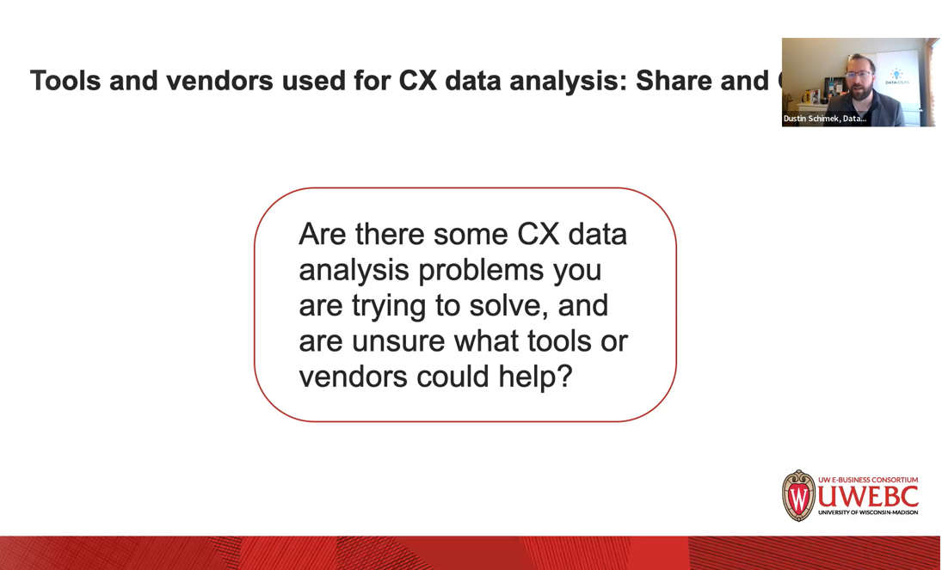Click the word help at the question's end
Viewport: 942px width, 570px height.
[x=530, y=377]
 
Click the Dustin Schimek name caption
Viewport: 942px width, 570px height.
[x=824, y=119]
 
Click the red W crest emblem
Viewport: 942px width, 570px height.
[x=798, y=496]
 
